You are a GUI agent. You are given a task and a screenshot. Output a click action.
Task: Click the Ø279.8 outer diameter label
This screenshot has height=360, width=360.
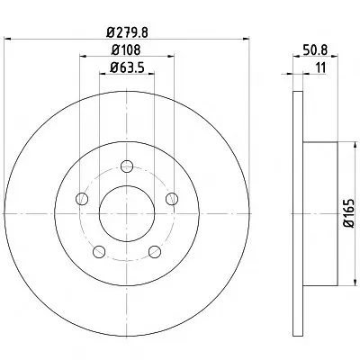coord(127,31)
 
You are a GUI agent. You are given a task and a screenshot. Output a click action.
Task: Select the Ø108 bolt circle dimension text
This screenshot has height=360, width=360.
coord(126,49)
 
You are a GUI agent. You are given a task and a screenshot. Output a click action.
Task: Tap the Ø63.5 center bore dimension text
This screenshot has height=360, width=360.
coord(127,67)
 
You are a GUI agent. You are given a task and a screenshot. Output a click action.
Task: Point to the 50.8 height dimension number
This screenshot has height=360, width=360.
coord(315,49)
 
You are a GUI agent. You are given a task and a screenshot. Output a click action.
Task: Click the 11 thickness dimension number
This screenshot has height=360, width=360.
coord(320,67)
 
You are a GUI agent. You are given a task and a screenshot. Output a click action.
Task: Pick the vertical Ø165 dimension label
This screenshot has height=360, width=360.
coord(349,213)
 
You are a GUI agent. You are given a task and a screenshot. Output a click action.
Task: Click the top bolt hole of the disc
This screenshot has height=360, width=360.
coord(127,166)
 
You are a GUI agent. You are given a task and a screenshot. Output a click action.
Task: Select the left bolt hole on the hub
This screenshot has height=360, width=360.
coord(82,199)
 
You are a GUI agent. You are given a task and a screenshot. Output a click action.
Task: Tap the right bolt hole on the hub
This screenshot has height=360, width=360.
coord(172,199)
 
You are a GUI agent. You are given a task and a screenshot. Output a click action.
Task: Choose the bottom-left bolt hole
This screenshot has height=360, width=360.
coord(99,251)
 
